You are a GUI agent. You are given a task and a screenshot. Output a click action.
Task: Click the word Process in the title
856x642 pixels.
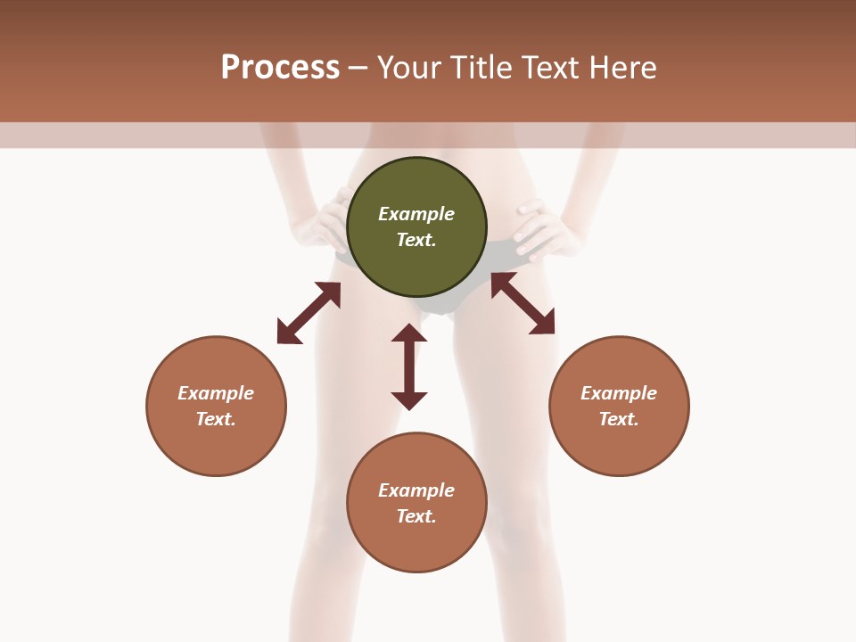point(280,68)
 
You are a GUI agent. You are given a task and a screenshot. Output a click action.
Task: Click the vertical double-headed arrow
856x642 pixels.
point(409,366)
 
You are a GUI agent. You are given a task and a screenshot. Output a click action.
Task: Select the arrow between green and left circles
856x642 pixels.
point(309,313)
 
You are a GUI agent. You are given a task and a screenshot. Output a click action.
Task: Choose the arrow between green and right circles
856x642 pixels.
point(523,303)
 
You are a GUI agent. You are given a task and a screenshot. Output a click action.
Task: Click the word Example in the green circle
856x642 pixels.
point(416,214)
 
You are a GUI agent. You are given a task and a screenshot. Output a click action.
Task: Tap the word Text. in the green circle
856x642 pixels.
point(416,240)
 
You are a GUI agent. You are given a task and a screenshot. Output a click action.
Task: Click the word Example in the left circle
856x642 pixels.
point(216,393)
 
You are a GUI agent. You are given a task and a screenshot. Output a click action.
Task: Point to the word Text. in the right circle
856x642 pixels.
point(619,419)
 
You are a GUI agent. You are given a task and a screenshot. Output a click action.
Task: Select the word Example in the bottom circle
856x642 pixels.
point(416,490)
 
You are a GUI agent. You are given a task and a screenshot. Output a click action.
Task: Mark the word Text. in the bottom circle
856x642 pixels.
point(416,516)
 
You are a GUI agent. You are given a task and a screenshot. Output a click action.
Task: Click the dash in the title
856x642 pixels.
point(358,68)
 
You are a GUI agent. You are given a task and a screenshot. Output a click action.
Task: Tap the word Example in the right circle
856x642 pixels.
point(619,393)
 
